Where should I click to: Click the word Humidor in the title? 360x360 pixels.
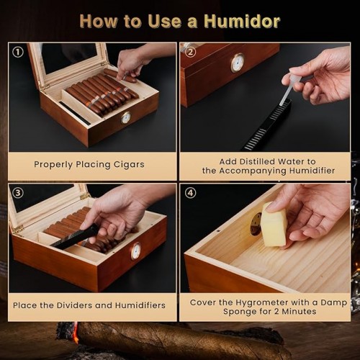242,22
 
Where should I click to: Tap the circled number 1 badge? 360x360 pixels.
18,52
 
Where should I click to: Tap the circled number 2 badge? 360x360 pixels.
190,52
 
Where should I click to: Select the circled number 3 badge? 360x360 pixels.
18,193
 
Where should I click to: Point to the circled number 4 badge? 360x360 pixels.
190,193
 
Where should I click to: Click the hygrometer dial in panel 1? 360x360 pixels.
126,118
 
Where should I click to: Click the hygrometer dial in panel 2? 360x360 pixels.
238,63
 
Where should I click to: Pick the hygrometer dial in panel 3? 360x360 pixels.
136,251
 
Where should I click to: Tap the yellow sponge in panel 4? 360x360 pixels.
275,225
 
